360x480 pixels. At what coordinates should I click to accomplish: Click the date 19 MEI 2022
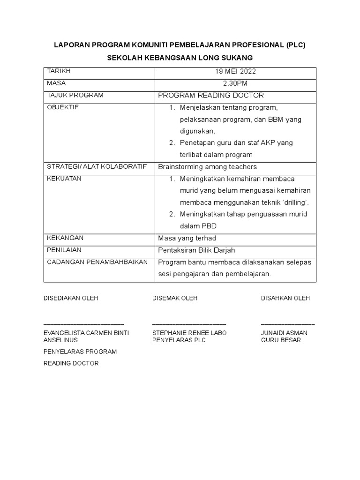[235, 72]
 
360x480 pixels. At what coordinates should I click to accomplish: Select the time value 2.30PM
[235, 83]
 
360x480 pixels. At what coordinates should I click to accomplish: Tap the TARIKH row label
[59, 71]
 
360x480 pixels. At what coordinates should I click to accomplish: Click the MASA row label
[57, 83]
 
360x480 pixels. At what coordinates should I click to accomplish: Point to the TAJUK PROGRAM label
[75, 95]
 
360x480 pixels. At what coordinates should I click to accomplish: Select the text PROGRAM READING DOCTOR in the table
[211, 96]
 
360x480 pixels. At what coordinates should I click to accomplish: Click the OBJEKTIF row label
[63, 107]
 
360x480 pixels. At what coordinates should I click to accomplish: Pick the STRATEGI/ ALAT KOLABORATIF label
[97, 166]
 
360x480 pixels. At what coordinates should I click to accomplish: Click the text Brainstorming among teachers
[208, 167]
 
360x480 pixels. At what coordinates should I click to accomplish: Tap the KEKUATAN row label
[64, 179]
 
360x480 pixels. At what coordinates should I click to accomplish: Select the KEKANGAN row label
[65, 238]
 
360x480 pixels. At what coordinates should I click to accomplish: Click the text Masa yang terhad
[187, 238]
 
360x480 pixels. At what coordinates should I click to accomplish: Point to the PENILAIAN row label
[64, 250]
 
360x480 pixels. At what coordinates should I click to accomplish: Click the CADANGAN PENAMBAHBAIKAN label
[97, 262]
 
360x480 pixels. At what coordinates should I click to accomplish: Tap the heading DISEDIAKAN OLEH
[71, 298]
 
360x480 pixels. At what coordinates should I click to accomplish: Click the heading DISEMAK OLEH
[175, 298]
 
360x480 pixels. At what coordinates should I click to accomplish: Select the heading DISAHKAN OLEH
[285, 298]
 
